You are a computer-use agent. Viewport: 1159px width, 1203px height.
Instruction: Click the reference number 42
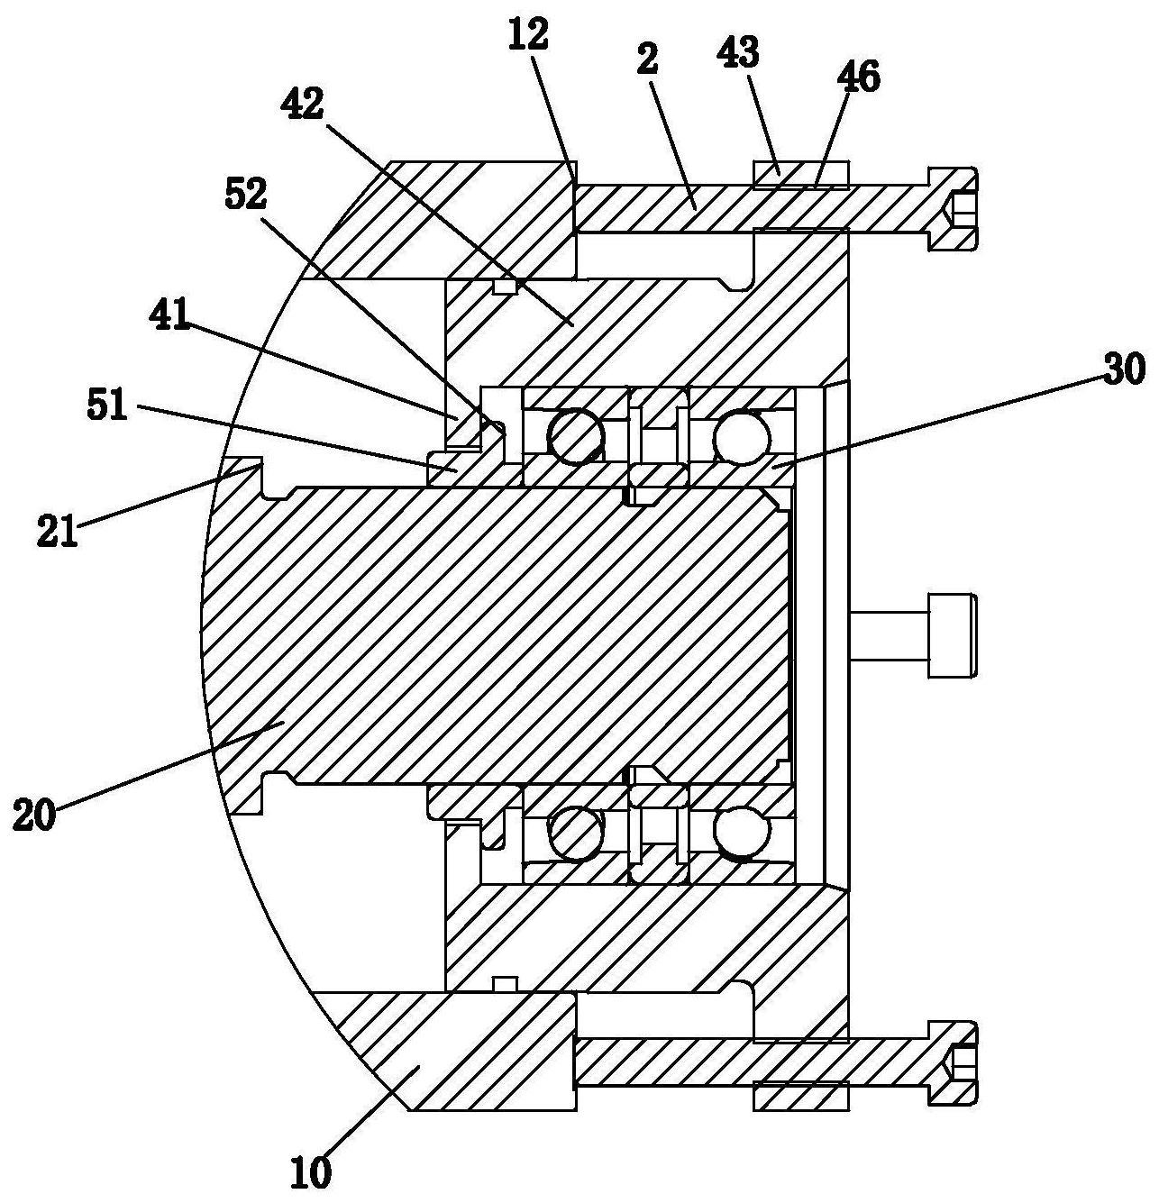[x=302, y=105]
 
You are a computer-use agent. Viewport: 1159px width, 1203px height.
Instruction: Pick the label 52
[x=246, y=196]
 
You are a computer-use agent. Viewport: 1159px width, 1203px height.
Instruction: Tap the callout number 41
[x=169, y=318]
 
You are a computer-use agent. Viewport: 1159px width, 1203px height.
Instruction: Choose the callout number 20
[x=34, y=815]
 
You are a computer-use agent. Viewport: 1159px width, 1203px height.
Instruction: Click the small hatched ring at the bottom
[x=801, y=1096]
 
